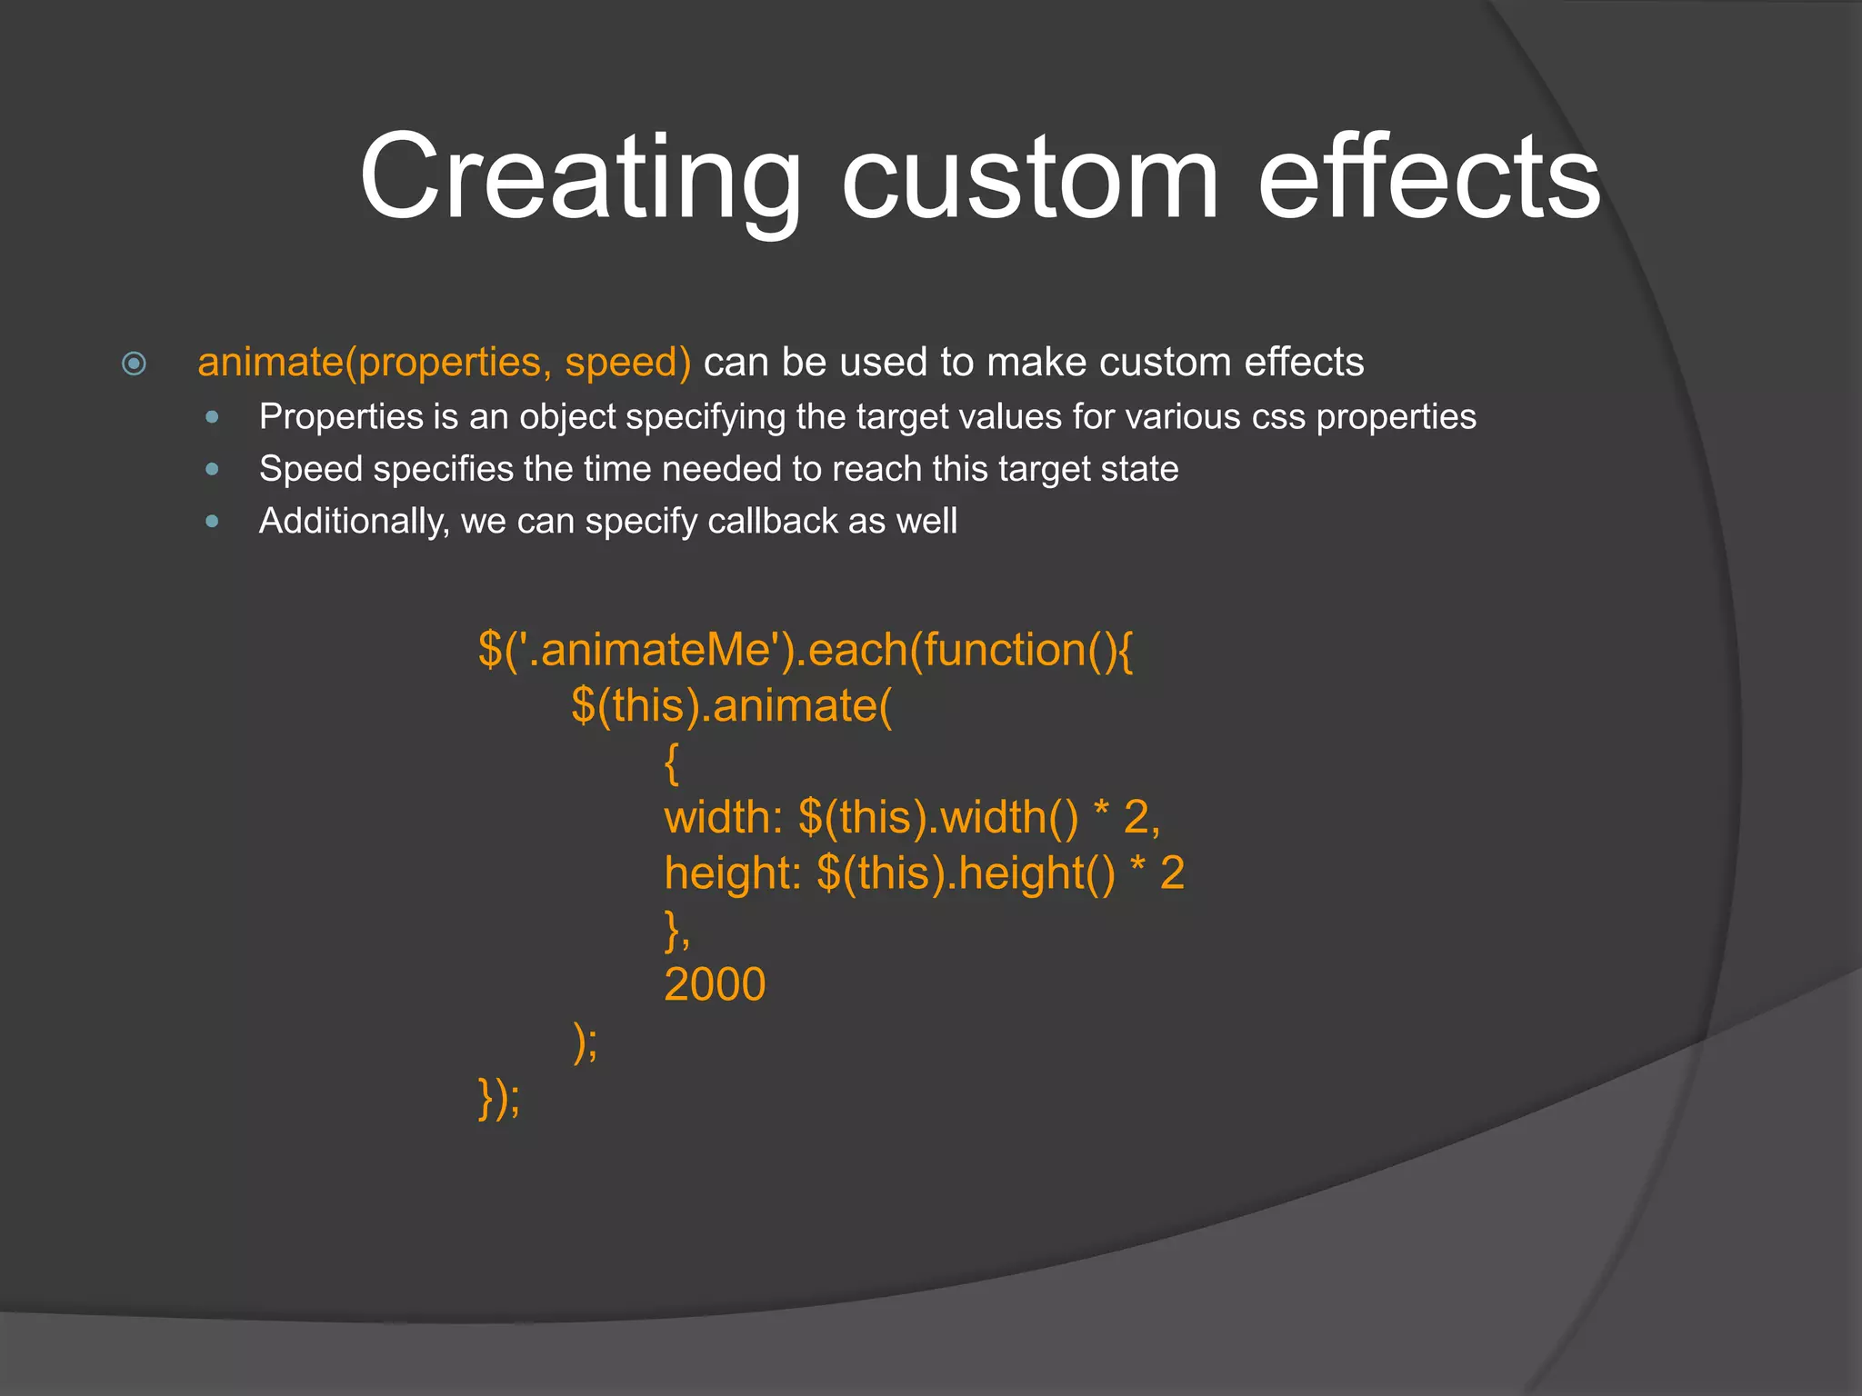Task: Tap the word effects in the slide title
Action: click(x=1428, y=178)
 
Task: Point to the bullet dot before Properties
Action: click(x=213, y=417)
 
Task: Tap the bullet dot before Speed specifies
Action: click(x=213, y=469)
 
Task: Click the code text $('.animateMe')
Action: click(x=638, y=651)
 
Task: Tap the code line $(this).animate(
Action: click(x=732, y=706)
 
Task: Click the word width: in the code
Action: click(x=723, y=818)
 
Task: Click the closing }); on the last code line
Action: click(x=499, y=1098)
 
